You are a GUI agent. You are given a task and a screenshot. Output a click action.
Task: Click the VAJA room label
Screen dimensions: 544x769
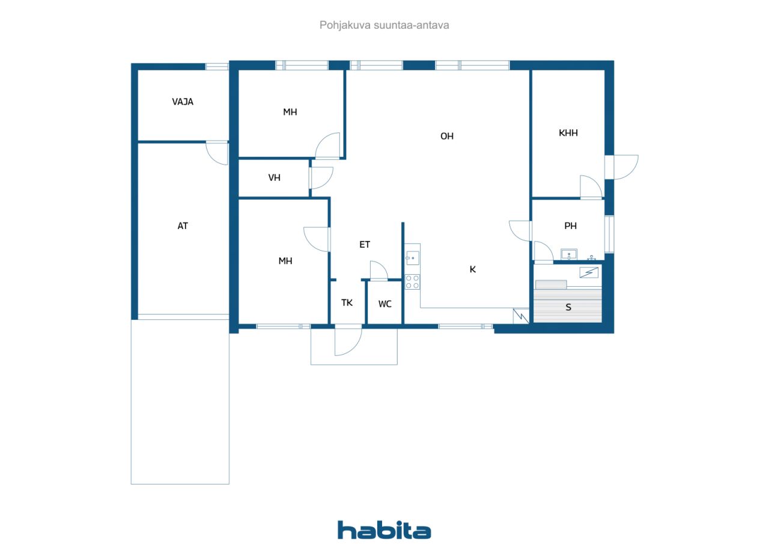(183, 102)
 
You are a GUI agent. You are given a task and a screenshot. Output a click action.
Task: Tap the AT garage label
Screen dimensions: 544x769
(183, 226)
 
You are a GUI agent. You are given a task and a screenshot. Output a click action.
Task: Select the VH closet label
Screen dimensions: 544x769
(274, 177)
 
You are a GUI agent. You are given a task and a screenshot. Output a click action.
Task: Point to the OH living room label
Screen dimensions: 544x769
(446, 136)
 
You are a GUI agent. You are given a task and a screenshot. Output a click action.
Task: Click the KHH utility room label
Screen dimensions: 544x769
(568, 133)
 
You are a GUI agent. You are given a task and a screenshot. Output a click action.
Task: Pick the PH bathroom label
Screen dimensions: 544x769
(570, 226)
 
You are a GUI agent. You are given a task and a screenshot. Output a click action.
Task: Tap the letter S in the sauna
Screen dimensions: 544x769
(568, 308)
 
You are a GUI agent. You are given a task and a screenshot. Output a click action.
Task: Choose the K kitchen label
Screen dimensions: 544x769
(472, 269)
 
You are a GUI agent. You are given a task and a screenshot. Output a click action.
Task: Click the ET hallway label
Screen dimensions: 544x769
(365, 244)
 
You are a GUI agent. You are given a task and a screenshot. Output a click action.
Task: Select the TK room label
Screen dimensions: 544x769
(347, 302)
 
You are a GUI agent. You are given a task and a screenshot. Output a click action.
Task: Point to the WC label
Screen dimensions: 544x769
(384, 304)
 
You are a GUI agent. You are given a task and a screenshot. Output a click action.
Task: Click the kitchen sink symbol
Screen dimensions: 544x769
(412, 258)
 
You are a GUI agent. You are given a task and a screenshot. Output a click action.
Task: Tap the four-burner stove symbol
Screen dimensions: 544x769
(412, 281)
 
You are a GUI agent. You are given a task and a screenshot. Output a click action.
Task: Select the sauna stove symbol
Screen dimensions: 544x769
(589, 272)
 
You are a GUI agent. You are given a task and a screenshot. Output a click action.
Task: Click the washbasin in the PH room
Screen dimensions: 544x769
(568, 254)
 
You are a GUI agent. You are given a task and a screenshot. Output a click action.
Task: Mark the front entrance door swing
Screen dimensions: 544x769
(348, 342)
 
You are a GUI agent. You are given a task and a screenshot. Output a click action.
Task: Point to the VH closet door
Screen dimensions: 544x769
(321, 177)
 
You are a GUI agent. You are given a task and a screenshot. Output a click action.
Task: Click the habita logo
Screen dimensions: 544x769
(384, 530)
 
